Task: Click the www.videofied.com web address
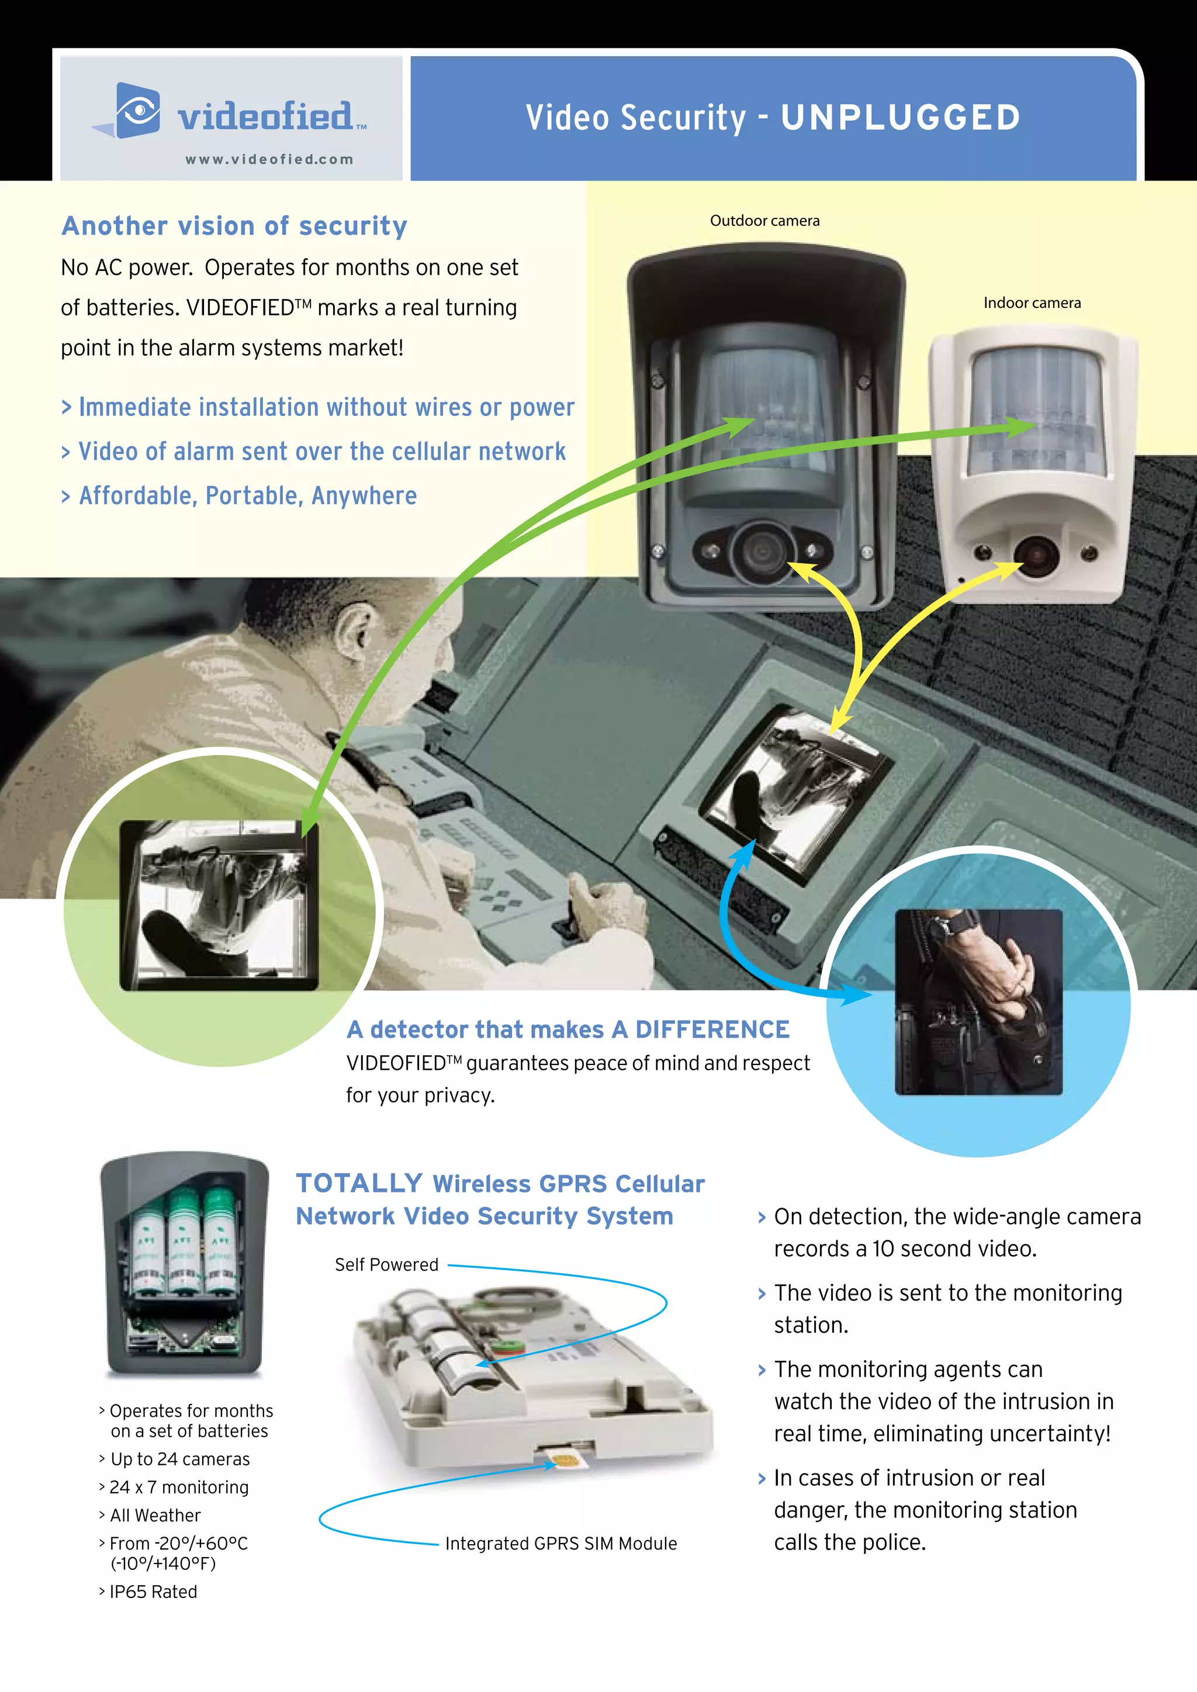[269, 159]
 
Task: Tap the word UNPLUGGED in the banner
[900, 118]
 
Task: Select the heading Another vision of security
[234, 226]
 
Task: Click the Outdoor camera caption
[764, 220]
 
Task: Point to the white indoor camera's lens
[1035, 555]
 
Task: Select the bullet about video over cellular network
[321, 452]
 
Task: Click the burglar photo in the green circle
[219, 905]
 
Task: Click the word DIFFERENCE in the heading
[711, 1029]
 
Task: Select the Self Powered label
[386, 1264]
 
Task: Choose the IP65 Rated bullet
[153, 1592]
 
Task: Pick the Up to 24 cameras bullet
[180, 1459]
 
